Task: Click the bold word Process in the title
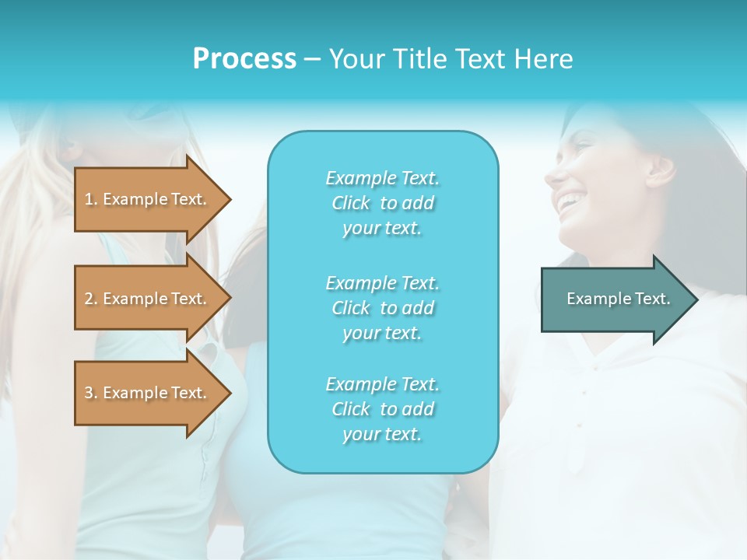coord(244,59)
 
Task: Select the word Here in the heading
coord(544,59)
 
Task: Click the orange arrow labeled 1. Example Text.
coord(148,199)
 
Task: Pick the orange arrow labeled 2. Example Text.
coord(148,299)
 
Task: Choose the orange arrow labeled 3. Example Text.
coord(148,393)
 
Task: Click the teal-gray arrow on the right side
coord(615,299)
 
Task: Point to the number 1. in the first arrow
coord(91,199)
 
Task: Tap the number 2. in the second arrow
coord(91,299)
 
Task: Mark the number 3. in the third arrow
coord(91,393)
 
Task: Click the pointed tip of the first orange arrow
coord(226,199)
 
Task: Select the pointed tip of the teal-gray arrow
coord(694,299)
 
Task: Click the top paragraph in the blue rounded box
coord(383,203)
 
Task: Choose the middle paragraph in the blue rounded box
coord(383,308)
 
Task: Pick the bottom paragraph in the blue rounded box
coord(383,409)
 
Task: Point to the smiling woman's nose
coord(554,173)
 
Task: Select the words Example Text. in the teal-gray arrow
coord(619,299)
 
